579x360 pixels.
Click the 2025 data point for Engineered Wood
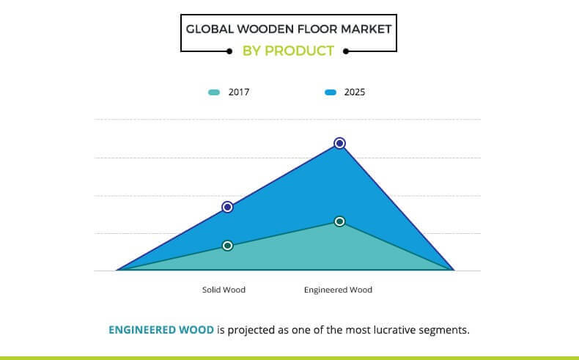340,143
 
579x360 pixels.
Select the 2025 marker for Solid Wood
227,207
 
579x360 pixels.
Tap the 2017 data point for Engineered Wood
340,221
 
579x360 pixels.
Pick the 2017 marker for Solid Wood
227,246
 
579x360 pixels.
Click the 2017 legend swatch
214,92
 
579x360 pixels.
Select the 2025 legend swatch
331,92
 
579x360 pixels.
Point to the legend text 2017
238,92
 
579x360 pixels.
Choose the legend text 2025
355,92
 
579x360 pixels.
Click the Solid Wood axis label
224,290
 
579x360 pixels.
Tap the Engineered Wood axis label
339,290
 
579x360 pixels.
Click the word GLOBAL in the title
210,29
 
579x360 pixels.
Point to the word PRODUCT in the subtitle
300,51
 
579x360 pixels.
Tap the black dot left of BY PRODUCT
229,51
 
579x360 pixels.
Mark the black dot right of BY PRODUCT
346,51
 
